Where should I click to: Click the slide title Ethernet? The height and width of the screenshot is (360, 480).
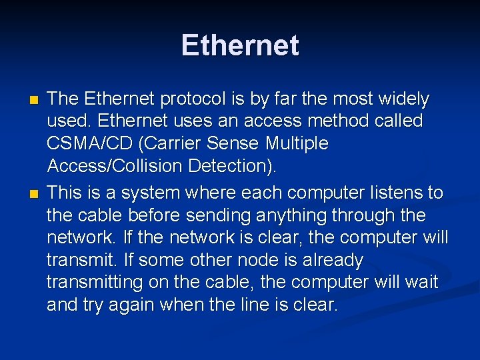240,45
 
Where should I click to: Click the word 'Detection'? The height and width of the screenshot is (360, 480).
237,166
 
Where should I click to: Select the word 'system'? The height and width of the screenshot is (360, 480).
161,193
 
